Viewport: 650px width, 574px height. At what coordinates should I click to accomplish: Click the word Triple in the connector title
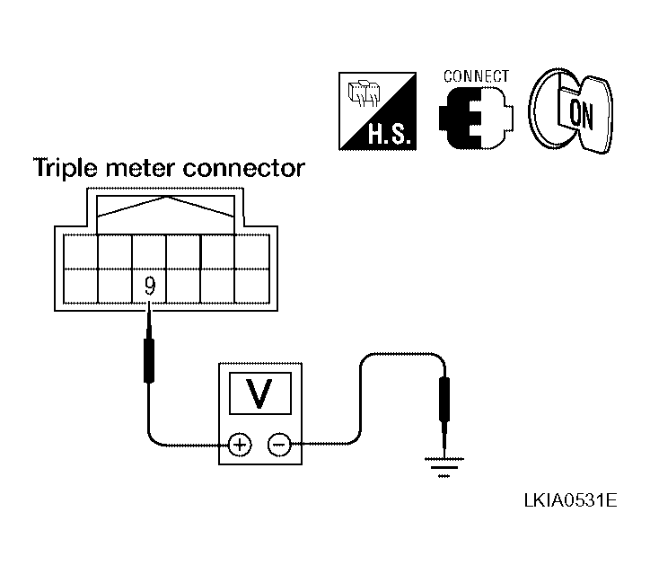click(x=66, y=169)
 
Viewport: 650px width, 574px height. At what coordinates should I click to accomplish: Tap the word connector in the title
click(x=244, y=168)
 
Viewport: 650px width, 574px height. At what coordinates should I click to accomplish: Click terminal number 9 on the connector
click(x=150, y=286)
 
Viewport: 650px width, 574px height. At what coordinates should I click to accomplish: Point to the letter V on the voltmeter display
click(x=260, y=393)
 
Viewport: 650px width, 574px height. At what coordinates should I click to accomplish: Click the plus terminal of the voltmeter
click(x=240, y=445)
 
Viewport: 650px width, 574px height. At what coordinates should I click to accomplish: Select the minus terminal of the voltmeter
click(x=279, y=445)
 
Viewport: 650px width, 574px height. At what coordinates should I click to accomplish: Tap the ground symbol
click(x=444, y=467)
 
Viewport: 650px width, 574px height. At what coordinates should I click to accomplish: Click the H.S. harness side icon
click(x=377, y=111)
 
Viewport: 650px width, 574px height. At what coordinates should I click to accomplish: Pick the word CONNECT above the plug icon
click(x=476, y=76)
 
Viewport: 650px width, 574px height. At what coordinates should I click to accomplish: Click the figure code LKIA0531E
click(x=570, y=500)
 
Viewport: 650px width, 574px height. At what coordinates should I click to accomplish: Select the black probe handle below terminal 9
click(x=149, y=360)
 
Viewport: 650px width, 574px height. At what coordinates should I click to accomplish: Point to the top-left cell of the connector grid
click(x=81, y=252)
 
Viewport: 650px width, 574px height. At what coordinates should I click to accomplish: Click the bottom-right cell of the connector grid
click(x=252, y=286)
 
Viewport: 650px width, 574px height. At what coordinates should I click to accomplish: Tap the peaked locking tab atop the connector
click(x=165, y=207)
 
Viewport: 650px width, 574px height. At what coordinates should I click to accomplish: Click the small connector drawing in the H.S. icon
click(x=364, y=93)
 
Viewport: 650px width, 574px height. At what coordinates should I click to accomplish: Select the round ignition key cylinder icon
click(x=570, y=111)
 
